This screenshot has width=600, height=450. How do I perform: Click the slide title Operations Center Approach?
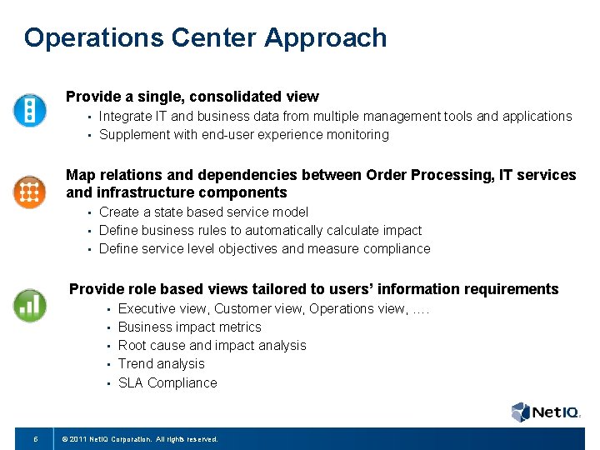click(x=205, y=38)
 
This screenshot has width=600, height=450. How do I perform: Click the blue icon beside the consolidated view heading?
click(x=29, y=110)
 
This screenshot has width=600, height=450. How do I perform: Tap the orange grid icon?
click(x=29, y=192)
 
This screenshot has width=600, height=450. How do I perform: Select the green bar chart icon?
click(x=29, y=305)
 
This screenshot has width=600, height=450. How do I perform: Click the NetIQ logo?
click(x=545, y=412)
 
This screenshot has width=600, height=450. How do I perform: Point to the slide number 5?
click(x=35, y=438)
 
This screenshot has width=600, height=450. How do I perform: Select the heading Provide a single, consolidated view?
click(x=192, y=97)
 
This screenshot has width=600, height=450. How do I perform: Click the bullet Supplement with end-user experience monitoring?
click(x=243, y=135)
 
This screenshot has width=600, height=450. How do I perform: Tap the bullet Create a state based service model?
click(x=203, y=212)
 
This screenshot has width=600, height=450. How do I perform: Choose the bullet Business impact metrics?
click(x=189, y=327)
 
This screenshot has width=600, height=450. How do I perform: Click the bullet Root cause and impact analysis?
click(x=212, y=346)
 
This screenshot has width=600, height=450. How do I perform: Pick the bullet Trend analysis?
click(x=161, y=364)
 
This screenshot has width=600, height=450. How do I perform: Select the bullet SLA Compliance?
click(x=167, y=383)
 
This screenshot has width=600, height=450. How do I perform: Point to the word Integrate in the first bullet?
click(x=124, y=117)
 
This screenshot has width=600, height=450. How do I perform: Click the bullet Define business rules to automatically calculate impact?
click(x=260, y=231)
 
